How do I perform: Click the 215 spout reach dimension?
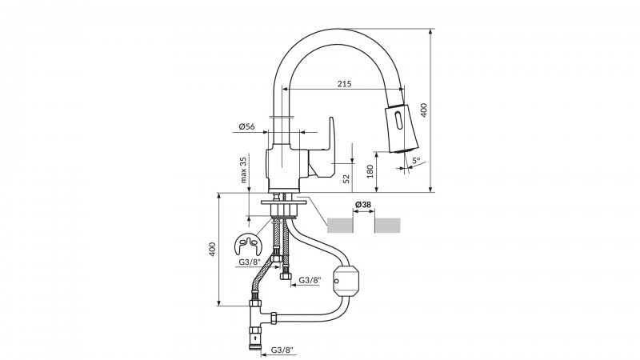pos(345,84)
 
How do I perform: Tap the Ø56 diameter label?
pos(246,126)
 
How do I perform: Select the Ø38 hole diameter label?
pos(363,205)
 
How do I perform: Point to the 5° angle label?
pos(416,161)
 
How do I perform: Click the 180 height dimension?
pos(370,171)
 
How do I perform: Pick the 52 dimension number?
pos(346,178)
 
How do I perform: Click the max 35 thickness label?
pos(244,170)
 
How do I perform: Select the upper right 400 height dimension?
pos(424,110)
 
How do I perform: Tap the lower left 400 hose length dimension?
pos(212,249)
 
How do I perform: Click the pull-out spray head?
pos(402,128)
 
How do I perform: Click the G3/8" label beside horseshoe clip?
pos(250,262)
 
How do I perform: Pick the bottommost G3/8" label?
pos(282,350)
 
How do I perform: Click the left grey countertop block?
pos(340,226)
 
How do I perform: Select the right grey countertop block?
pos(387,226)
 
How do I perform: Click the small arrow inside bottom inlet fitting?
pos(255,338)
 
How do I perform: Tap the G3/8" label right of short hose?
pos(310,280)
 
